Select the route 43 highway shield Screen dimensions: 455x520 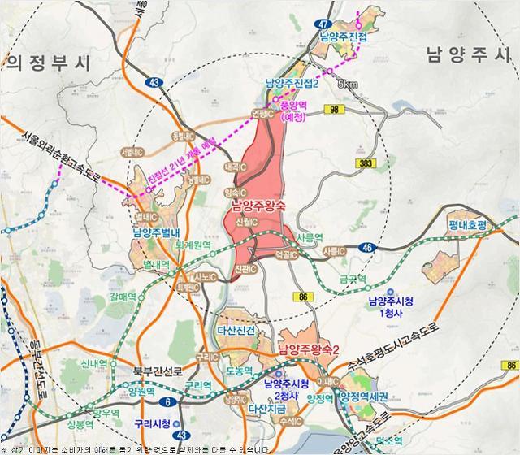coord(155,82)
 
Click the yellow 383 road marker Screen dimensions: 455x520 coord(367,164)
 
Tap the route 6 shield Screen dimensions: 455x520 coord(167,401)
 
